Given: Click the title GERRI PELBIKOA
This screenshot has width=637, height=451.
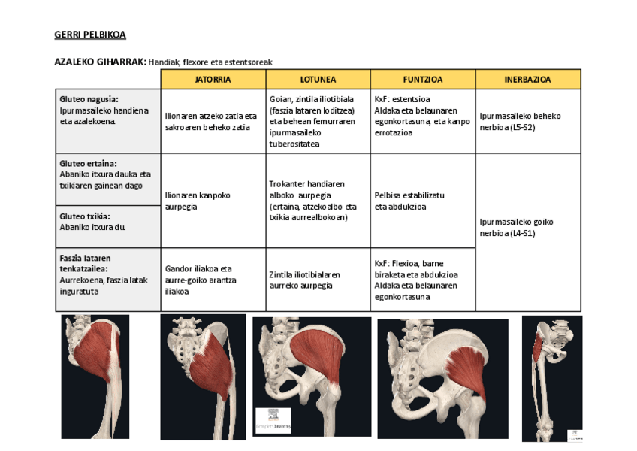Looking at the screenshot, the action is pos(90,35).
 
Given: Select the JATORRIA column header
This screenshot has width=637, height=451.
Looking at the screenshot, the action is pos(213,79).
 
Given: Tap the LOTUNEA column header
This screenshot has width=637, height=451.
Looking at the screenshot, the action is pos(318,79).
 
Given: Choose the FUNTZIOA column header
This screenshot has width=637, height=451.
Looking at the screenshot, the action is pos(422,79).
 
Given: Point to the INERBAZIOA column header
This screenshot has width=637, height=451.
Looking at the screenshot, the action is pos(527,79).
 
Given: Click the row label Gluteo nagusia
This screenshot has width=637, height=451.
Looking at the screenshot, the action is pos(89,99).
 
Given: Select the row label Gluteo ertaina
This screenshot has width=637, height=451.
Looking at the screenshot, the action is pos(88,163).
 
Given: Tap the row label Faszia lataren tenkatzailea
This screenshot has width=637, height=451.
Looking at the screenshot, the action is pos(85,263).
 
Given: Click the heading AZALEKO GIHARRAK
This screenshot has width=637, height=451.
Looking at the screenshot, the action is pos(100,62).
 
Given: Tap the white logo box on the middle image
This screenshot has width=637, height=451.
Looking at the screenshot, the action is pos(273,420).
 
